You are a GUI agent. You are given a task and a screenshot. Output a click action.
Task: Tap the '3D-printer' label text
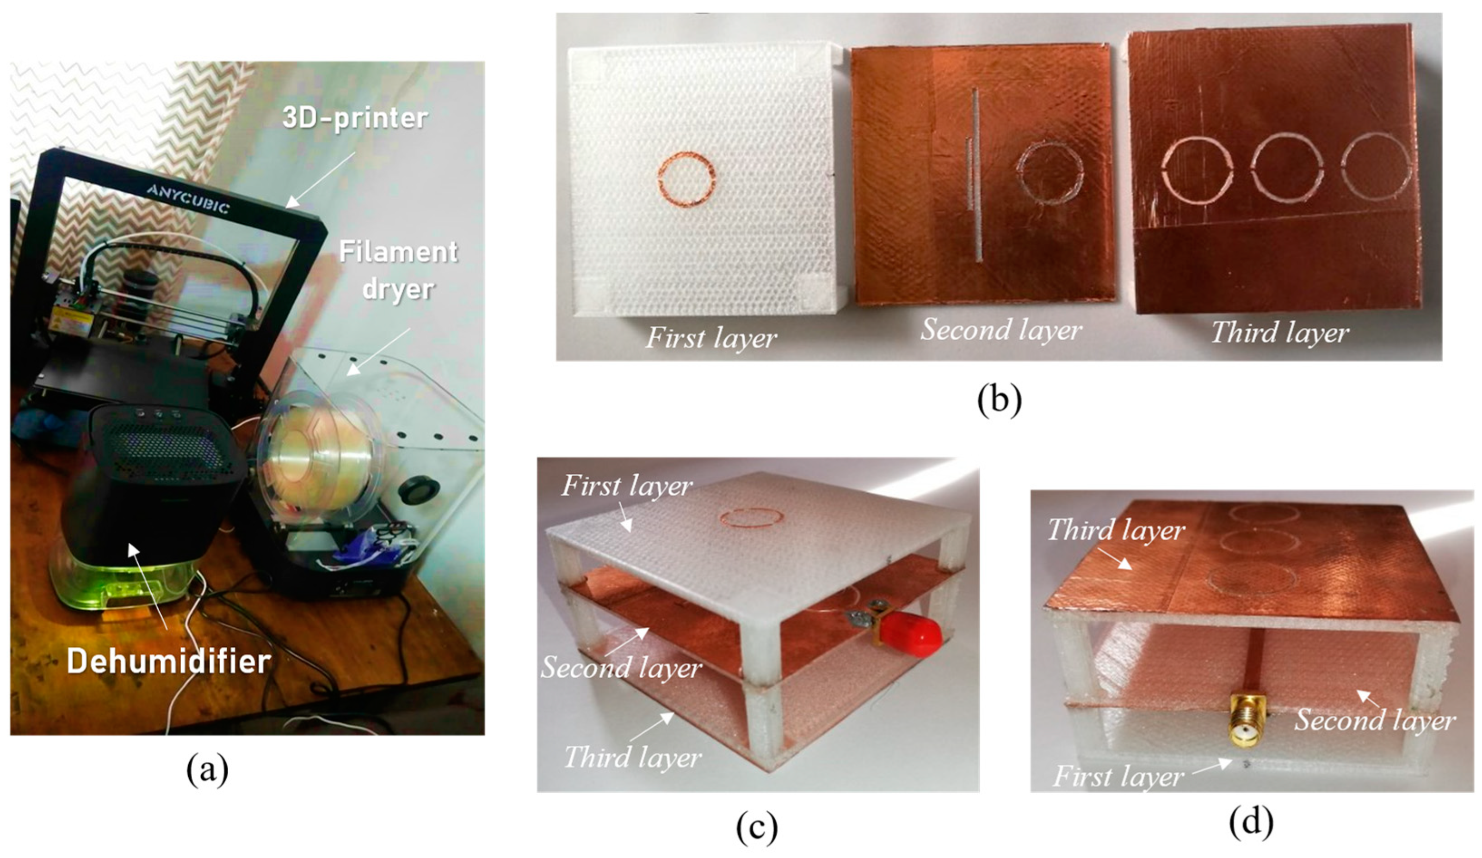click(x=355, y=118)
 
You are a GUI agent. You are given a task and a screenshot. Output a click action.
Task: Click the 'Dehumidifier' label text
click(x=169, y=661)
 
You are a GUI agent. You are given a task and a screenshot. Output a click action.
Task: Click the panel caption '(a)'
click(x=207, y=770)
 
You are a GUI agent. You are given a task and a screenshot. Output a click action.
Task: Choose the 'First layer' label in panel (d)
click(x=1118, y=777)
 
